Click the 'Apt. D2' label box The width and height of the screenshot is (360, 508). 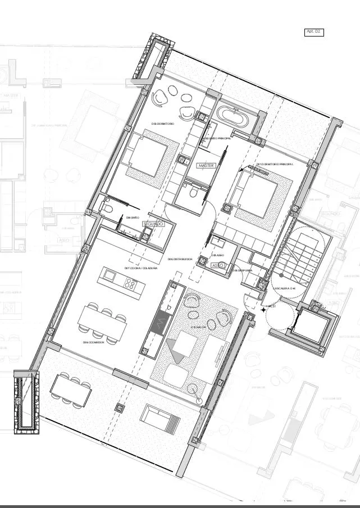(x=313, y=33)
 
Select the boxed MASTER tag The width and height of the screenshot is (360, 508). (x=206, y=166)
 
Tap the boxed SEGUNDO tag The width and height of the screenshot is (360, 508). (x=153, y=224)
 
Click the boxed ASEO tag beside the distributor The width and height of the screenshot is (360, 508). (x=218, y=265)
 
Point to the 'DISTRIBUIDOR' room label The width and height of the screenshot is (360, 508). (x=180, y=260)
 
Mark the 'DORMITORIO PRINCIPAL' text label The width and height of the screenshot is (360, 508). (x=275, y=164)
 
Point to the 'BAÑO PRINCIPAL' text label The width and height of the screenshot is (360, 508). (x=216, y=138)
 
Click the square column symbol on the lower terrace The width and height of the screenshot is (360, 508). (x=119, y=407)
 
